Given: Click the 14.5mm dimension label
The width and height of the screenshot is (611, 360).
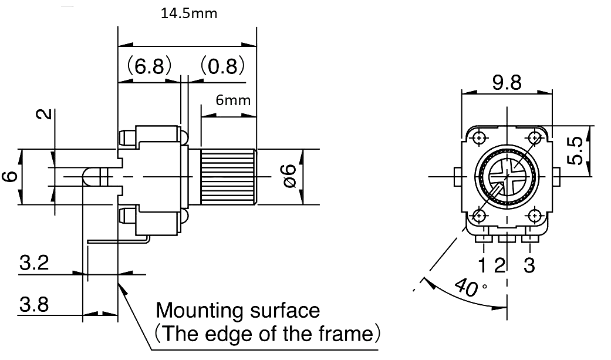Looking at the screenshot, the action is click(x=189, y=14).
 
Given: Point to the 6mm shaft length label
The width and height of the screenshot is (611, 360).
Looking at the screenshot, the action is click(x=233, y=100).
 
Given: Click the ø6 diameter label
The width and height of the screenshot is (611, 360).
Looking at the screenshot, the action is click(x=291, y=176).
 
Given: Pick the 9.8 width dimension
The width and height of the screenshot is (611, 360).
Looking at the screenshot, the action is click(x=507, y=82).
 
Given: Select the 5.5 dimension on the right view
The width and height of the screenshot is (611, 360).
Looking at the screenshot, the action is click(x=575, y=150).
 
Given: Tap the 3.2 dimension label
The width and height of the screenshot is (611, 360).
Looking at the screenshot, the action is click(x=34, y=263).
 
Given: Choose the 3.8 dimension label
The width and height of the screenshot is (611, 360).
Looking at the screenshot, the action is click(x=34, y=304).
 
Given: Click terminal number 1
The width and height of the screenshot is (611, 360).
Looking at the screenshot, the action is click(x=482, y=265).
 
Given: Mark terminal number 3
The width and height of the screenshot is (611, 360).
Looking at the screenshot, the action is click(x=529, y=265).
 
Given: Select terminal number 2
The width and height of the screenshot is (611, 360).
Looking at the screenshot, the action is click(x=500, y=265).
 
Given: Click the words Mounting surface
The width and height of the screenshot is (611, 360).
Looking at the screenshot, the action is click(x=238, y=311).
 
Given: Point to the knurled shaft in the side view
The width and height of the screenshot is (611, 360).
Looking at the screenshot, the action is click(x=228, y=176).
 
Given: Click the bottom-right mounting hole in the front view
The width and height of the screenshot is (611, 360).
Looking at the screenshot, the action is click(x=535, y=216).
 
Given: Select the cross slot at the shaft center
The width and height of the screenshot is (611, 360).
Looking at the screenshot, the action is click(x=507, y=177).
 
